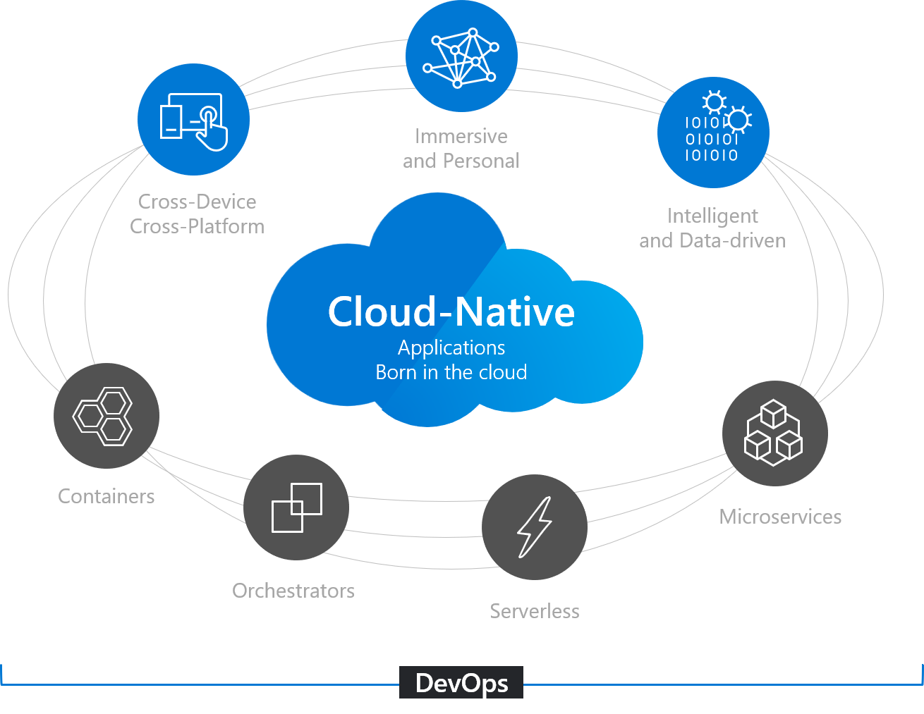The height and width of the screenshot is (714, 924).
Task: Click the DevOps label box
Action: [461, 682]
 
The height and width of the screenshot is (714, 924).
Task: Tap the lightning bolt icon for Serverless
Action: [534, 527]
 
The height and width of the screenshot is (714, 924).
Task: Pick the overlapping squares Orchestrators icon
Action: [296, 507]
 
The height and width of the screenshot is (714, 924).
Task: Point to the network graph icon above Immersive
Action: [461, 56]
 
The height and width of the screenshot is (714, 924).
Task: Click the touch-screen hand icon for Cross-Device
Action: [194, 120]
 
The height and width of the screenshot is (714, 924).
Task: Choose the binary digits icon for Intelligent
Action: [713, 133]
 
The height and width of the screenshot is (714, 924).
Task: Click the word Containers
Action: [106, 496]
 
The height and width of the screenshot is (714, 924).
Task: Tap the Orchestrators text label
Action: [293, 591]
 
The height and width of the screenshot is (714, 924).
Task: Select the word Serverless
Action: [535, 611]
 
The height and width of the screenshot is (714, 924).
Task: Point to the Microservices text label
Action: [780, 517]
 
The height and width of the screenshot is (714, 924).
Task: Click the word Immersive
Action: [461, 136]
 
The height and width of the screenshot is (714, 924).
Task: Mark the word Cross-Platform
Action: [197, 226]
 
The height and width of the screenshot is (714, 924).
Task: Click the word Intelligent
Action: [712, 216]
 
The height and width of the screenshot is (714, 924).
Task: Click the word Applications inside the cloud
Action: [451, 347]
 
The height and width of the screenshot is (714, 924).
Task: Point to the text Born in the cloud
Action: [451, 372]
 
